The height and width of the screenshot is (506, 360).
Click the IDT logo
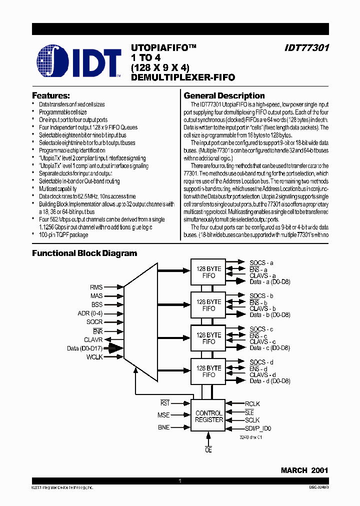[78, 63]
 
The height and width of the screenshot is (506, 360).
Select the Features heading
[51, 95]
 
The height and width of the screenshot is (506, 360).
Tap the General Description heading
[224, 95]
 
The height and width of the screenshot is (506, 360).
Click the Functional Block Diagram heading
[84, 253]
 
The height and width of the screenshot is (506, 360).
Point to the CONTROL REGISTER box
[208, 416]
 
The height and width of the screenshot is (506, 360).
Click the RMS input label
[96, 287]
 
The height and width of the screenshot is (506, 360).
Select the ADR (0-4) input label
[90, 313]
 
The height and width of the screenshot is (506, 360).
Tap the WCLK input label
[94, 356]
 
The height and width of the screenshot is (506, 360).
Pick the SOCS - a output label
[261, 262]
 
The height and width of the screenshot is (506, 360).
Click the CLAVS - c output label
[263, 341]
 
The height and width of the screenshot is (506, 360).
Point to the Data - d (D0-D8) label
[270, 381]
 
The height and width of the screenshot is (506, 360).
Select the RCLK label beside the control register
[252, 404]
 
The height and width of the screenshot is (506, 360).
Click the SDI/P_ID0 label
[258, 428]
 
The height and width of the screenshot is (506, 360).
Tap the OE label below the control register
[208, 449]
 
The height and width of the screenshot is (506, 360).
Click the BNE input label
[163, 427]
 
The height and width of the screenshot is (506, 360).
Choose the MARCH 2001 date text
[304, 470]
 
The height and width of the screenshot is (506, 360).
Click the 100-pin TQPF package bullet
[63, 235]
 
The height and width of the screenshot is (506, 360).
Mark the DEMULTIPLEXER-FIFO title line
[182, 77]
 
